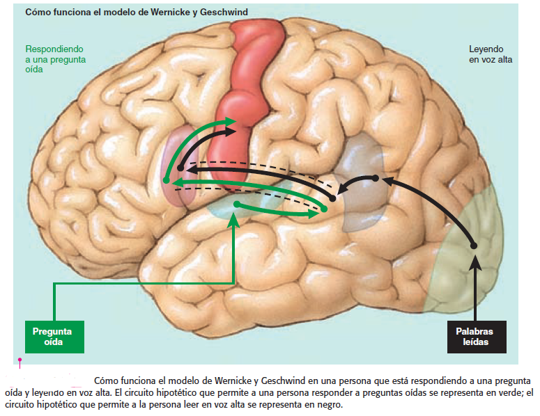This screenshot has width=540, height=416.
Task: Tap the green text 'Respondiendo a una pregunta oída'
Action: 54,59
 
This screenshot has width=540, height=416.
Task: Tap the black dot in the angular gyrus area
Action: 375,178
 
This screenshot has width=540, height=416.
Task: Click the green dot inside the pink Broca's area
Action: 166,181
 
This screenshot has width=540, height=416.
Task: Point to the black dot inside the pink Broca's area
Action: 180,168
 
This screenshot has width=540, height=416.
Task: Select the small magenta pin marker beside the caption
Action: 20,360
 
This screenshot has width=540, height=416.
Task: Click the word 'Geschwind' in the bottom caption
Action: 286,381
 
